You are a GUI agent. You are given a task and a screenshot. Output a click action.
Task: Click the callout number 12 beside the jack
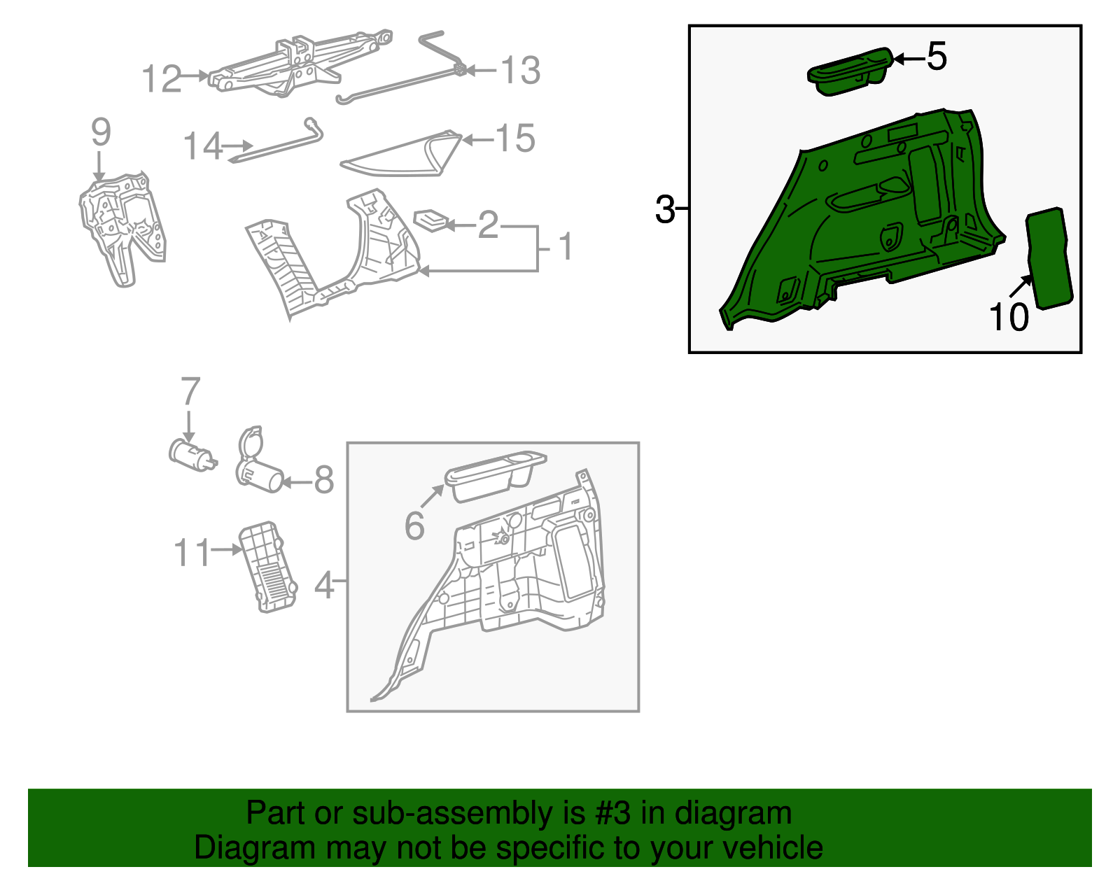point(161,79)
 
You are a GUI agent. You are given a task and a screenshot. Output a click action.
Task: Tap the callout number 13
point(521,70)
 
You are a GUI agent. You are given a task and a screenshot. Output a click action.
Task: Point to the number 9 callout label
point(101,132)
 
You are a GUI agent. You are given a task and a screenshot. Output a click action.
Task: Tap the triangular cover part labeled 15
point(401,153)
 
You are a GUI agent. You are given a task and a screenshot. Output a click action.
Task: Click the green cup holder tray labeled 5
point(849,72)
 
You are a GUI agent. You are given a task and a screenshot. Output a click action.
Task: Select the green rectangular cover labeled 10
point(1049,258)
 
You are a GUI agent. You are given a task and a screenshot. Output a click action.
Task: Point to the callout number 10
point(1008,316)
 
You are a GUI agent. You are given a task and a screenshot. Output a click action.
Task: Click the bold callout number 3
point(665,209)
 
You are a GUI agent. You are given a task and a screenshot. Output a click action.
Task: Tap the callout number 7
point(190,391)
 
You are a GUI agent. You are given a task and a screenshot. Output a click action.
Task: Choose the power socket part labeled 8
point(259,460)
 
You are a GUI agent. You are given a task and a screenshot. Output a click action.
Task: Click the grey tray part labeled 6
point(496,476)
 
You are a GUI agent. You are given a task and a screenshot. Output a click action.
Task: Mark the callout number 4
point(324,585)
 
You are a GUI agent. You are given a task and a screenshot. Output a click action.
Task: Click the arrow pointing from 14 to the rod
point(237,146)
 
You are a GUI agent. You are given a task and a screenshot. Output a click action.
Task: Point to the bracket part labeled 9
point(122,229)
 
